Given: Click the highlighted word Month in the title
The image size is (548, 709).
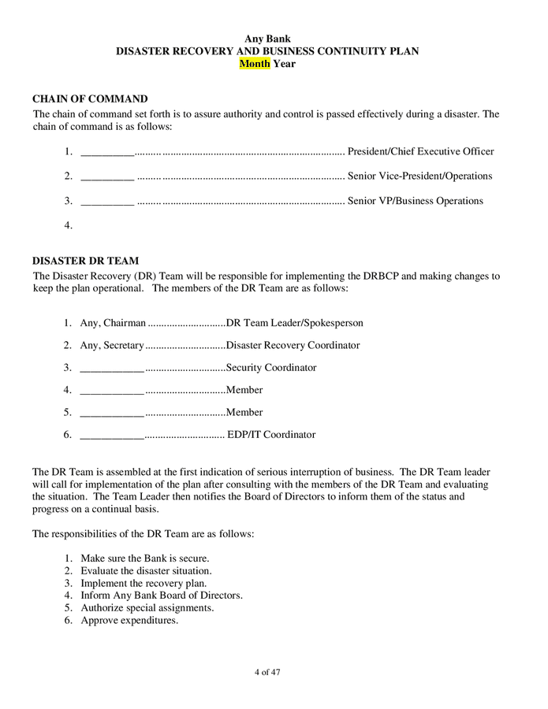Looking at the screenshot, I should tap(255, 64).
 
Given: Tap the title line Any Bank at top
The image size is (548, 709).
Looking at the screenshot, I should tap(267, 39).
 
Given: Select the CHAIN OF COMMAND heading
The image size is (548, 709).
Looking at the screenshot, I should tap(90, 99).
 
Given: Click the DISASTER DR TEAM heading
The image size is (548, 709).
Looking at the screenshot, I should tap(85, 261).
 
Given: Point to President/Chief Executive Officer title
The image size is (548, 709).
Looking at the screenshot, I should tap(420, 151).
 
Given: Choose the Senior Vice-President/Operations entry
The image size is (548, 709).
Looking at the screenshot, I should tap(419, 176).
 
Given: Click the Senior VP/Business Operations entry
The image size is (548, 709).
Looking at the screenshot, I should tap(415, 201).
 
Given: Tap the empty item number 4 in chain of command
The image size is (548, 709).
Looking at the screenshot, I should tap(69, 225).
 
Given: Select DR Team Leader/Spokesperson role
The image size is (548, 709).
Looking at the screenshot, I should tap(294, 323).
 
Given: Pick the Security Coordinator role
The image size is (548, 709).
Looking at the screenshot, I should tap(271, 368).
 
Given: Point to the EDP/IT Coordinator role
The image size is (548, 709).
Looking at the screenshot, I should tap(271, 435).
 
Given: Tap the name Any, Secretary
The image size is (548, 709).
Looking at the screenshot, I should tap(112, 345).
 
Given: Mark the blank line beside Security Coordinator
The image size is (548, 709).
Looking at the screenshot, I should tap(112, 369).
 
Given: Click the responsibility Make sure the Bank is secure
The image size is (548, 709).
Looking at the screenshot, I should tap(144, 559).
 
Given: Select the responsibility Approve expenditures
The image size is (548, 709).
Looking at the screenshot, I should tap(129, 620).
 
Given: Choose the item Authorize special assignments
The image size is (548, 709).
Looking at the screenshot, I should tap(147, 608).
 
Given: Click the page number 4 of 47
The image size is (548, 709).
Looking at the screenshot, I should tap(267, 672).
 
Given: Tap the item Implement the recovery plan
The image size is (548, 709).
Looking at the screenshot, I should tap(144, 583).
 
